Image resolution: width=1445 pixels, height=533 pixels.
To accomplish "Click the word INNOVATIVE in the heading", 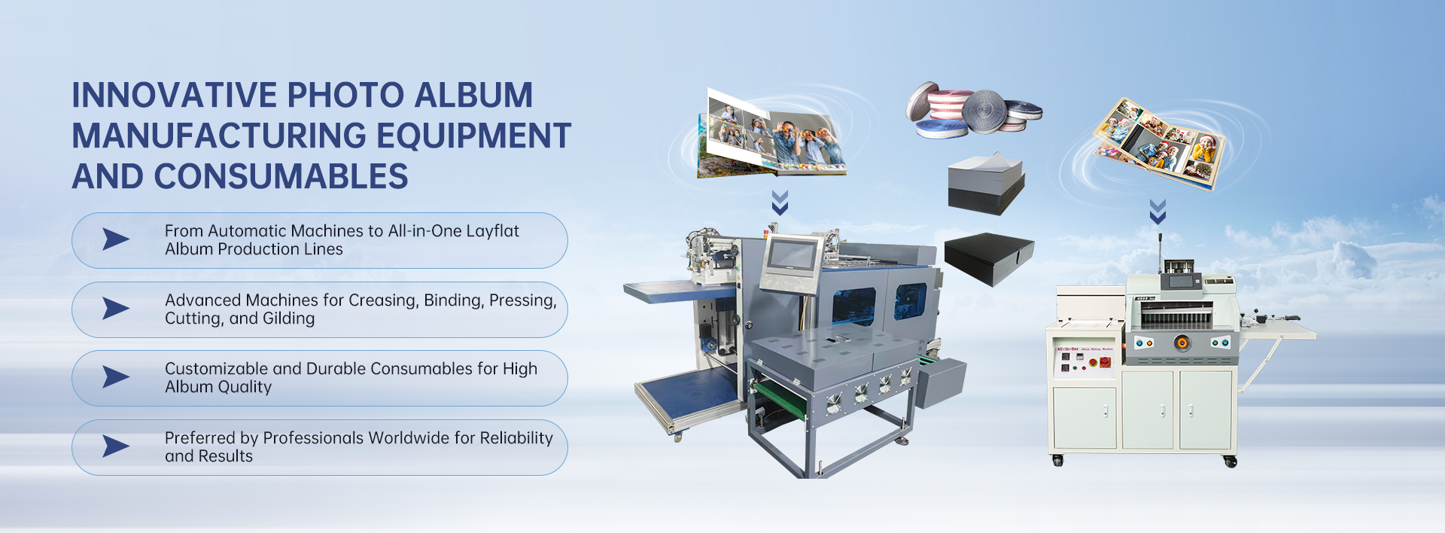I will coord(174,96).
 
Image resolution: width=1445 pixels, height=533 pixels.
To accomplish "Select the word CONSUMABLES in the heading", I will coord(281,177).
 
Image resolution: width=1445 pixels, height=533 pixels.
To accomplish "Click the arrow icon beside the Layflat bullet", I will coord(116,239).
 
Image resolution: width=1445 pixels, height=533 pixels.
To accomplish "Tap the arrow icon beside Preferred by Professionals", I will coord(116,446).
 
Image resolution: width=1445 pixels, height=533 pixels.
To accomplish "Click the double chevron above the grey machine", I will coord(780,203).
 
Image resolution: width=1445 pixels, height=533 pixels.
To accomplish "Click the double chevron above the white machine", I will coord(1158,212).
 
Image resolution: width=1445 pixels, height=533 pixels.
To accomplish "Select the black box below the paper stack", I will coord(988,257).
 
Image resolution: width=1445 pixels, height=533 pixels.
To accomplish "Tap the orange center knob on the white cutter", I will coord(1182,343).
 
